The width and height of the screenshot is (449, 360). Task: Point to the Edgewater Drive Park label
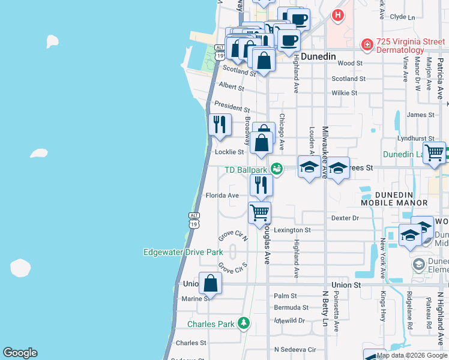coord(183,252)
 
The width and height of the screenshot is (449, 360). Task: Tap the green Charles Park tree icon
coord(243,323)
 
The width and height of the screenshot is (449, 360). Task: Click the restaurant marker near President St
coord(220,124)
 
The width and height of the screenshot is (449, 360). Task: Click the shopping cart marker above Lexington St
coord(259,212)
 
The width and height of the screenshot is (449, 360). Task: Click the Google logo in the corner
coord(20,353)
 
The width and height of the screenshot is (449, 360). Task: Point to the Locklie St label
coord(229,152)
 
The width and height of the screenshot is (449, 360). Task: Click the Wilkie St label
coord(345,93)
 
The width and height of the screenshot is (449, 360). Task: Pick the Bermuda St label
coord(286,307)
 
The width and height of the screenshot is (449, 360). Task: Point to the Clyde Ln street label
coord(402,17)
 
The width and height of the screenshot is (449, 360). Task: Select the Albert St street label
coord(232,87)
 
